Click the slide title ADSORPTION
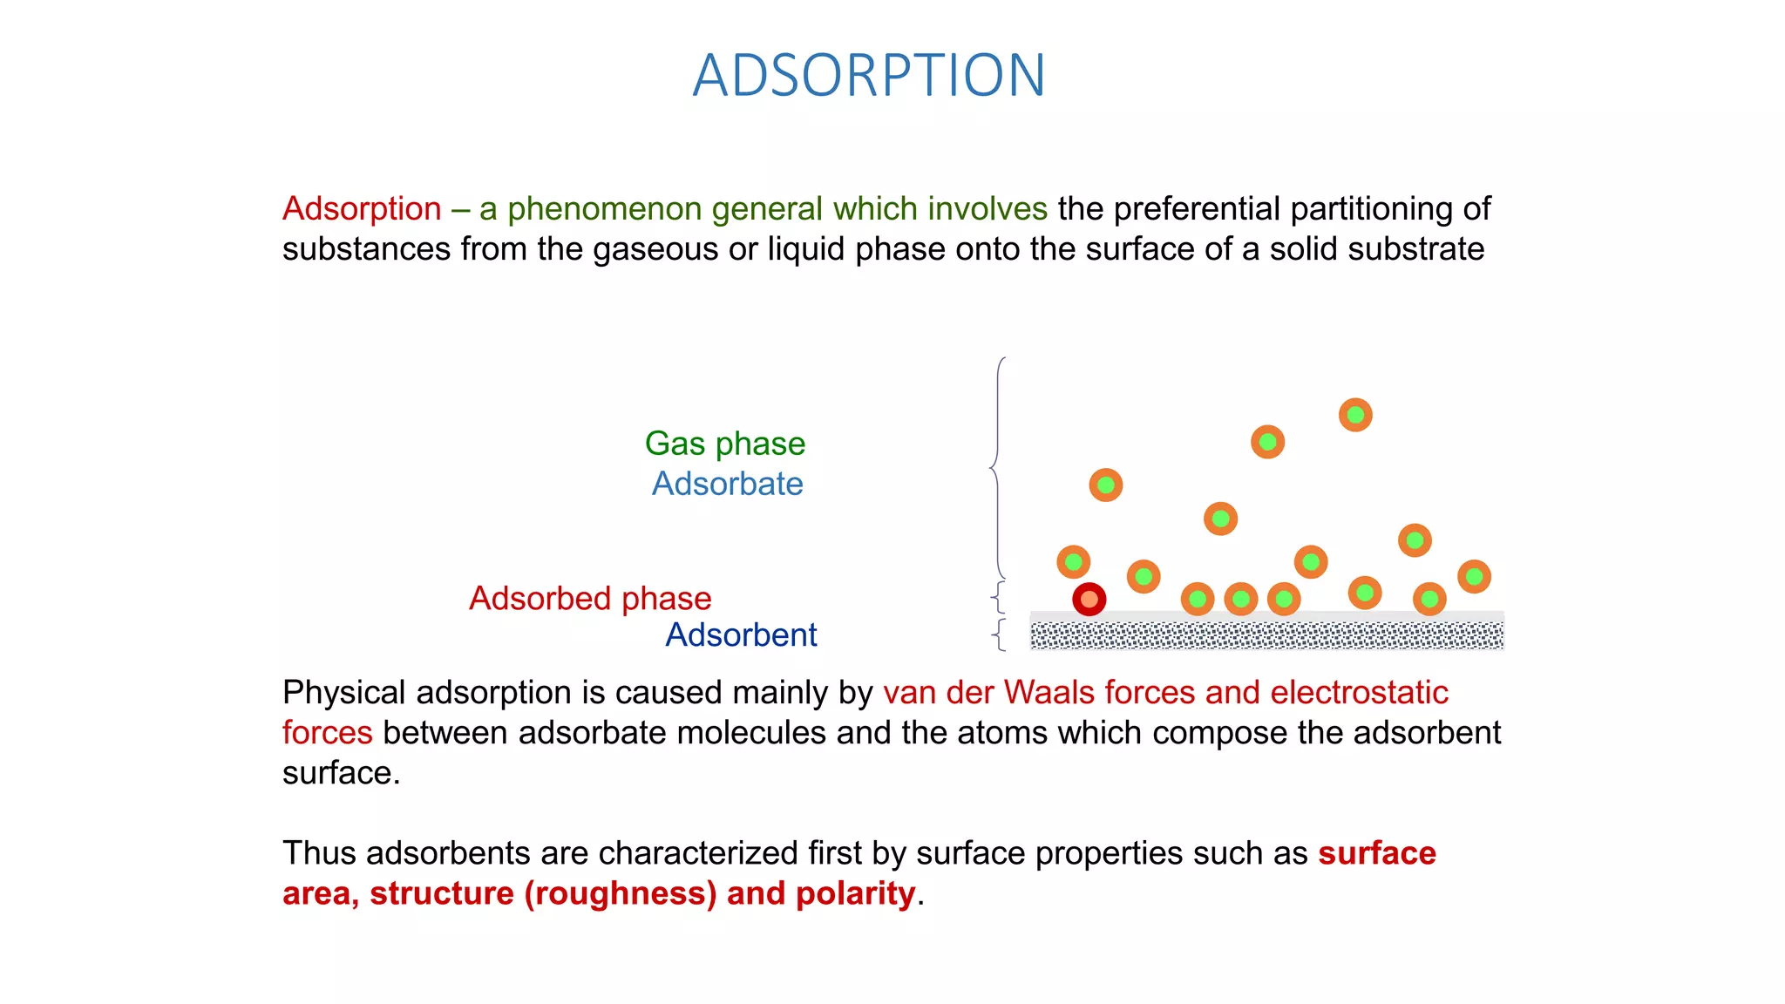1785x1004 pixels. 869,76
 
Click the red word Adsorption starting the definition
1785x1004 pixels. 362,209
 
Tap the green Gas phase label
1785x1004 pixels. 724,444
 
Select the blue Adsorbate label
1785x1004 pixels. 727,484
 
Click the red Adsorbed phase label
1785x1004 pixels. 590,599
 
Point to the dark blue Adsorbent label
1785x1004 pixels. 741,635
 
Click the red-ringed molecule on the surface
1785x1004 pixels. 1089,600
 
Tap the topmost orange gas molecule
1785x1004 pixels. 1355,415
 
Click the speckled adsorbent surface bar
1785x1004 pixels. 1266,634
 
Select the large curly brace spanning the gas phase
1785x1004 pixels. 997,468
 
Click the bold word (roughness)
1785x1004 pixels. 620,893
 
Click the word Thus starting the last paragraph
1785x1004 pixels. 319,853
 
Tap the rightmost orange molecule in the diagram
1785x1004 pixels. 1474,576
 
